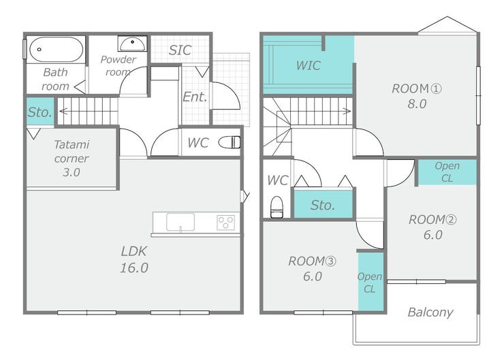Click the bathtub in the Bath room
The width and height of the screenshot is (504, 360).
tap(57, 50)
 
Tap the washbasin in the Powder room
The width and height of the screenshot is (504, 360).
tap(132, 44)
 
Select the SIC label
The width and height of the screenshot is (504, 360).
tap(180, 50)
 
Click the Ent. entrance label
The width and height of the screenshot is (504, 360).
tap(195, 97)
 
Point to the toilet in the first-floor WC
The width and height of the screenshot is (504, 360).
tap(230, 142)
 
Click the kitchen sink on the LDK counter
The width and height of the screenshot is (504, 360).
tap(180, 222)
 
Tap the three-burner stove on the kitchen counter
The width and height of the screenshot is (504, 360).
tap(226, 223)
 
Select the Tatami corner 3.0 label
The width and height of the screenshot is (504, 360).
tap(72, 159)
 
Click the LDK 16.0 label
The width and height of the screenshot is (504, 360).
tap(134, 259)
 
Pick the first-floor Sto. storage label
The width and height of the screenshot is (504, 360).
tap(40, 112)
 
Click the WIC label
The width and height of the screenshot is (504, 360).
tap(309, 65)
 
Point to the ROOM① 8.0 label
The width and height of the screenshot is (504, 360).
tap(417, 96)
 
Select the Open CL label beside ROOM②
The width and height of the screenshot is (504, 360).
tap(447, 171)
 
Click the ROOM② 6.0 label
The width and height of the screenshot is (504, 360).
tap(432, 227)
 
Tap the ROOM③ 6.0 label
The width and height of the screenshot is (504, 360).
tap(312, 269)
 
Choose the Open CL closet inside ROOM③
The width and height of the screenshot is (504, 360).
tap(371, 281)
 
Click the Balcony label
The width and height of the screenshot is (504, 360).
tap(430, 312)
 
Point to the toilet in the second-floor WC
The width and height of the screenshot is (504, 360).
tap(277, 207)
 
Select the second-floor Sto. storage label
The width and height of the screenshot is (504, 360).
tap(323, 206)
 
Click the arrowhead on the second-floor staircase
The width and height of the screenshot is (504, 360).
tap(347, 112)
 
